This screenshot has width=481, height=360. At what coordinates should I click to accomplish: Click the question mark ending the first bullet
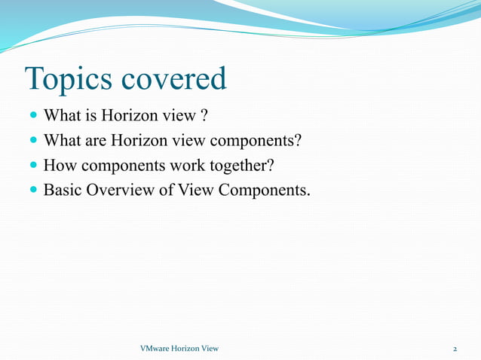point(204,117)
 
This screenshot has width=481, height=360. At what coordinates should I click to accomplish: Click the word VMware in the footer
point(156,349)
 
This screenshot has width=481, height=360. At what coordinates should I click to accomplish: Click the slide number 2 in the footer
point(455,349)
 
